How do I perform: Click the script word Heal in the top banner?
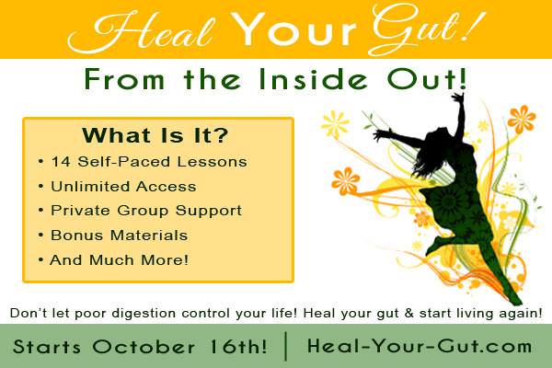click(141, 32)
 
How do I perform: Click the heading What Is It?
click(155, 135)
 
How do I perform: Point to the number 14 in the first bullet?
click(61, 162)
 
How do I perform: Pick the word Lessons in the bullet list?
click(213, 162)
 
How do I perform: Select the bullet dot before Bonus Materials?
click(41, 235)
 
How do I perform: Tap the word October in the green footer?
click(144, 347)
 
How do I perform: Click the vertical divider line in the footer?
click(286, 346)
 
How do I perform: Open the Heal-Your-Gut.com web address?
click(420, 346)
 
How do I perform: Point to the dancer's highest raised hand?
click(459, 98)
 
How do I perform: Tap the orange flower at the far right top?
click(522, 120)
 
